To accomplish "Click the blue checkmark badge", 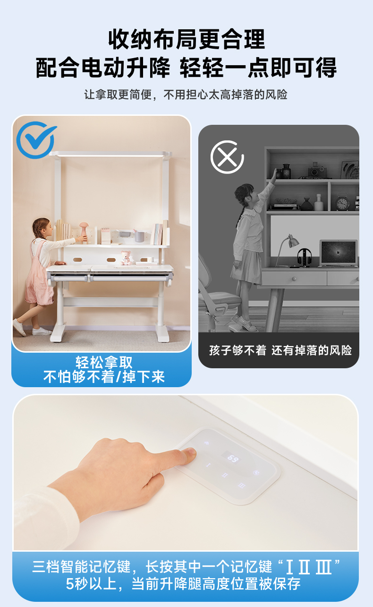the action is [x=35, y=140].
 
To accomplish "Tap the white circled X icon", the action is [x=227, y=157].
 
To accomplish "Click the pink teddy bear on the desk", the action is [x=126, y=258].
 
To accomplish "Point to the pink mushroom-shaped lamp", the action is [x=84, y=231].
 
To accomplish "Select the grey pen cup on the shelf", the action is [x=139, y=236].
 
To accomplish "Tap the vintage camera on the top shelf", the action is [x=317, y=170].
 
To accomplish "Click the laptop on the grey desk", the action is [x=338, y=253].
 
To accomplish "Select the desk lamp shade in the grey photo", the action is [x=293, y=241].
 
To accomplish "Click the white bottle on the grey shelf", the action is [x=319, y=202].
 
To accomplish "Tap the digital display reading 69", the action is [x=232, y=458].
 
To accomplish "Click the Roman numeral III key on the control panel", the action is [x=241, y=486].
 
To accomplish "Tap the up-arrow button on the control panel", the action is [x=207, y=443].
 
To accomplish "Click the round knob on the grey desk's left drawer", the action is [x=294, y=278].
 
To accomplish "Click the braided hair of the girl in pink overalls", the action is [x=37, y=229].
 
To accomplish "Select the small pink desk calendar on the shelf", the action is [x=105, y=236].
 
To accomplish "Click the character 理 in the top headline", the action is [x=254, y=40].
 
